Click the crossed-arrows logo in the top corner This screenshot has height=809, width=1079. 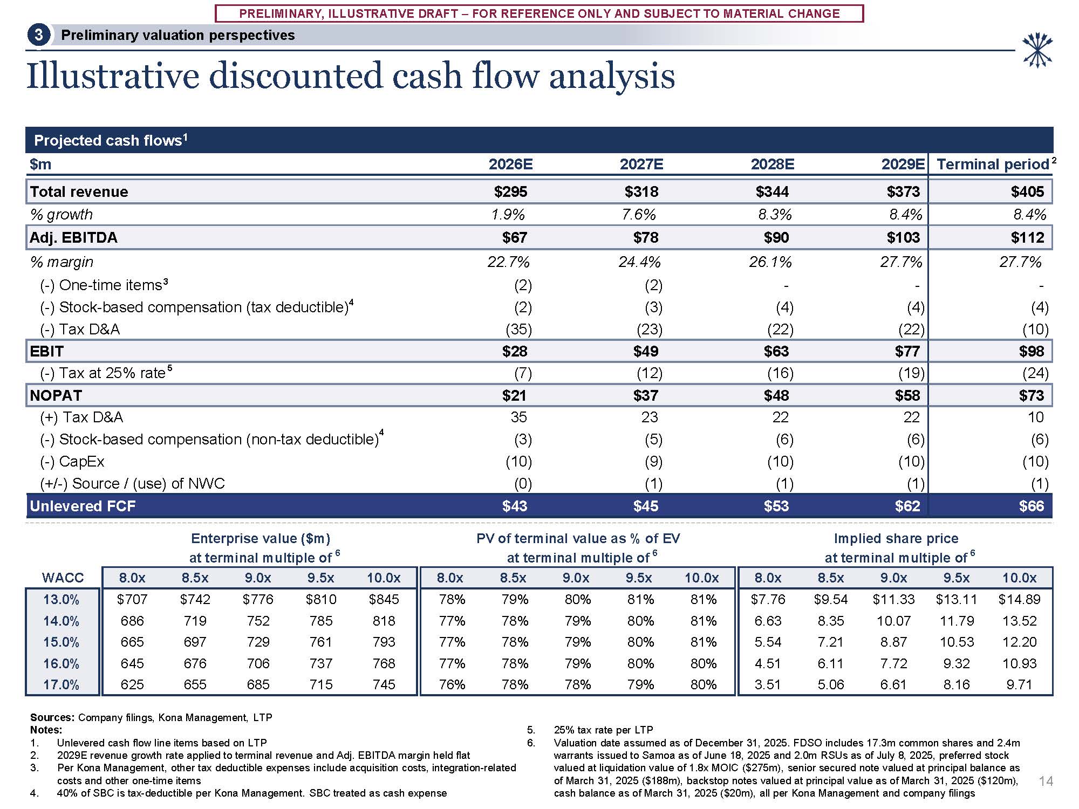(x=1037, y=50)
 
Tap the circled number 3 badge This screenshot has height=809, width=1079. (x=39, y=36)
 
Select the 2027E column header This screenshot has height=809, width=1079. (x=641, y=164)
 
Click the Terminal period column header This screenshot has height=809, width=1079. (x=993, y=164)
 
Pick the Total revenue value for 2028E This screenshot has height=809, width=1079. (x=772, y=191)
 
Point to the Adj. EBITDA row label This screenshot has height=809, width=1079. (x=73, y=237)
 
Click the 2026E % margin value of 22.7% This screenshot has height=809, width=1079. (x=508, y=262)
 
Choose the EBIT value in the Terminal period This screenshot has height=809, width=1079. (x=1031, y=351)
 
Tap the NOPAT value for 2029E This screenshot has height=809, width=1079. (x=907, y=395)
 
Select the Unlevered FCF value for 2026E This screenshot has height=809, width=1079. (x=514, y=506)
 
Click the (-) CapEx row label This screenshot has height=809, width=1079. (x=72, y=461)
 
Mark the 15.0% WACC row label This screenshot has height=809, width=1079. (x=62, y=642)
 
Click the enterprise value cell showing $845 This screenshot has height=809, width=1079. (x=384, y=599)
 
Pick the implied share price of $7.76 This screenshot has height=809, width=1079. (x=768, y=599)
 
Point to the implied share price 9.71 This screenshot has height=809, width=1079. (x=1019, y=684)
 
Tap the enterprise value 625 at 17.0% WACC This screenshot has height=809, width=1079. (x=132, y=684)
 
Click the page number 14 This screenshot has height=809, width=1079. (x=1046, y=781)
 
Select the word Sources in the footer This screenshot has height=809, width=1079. (x=52, y=717)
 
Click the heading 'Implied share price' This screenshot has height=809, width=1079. (x=896, y=538)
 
